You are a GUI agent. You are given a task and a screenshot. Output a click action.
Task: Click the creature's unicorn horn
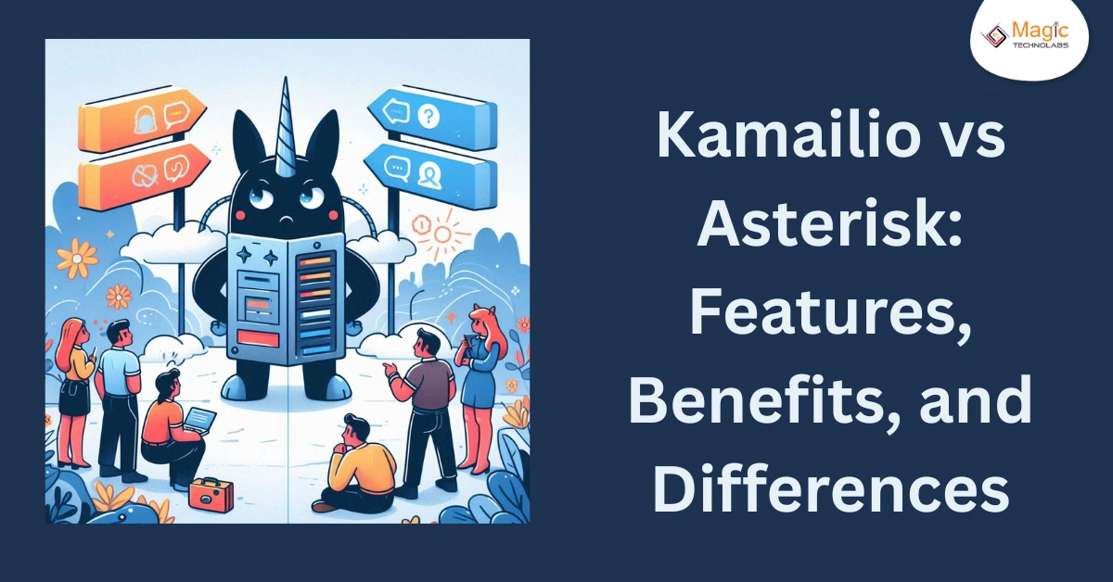pos(283,120)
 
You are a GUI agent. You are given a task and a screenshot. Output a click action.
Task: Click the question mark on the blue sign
pos(427,116)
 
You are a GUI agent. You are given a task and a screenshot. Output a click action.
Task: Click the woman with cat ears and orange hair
pos(482,380)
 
